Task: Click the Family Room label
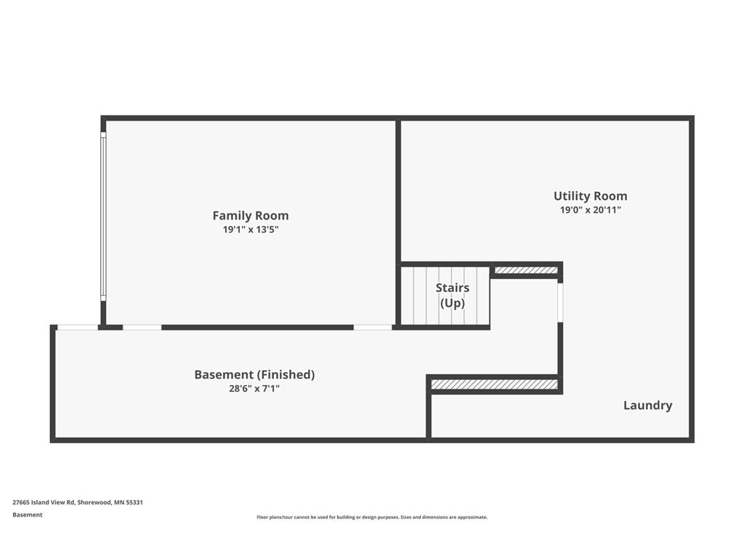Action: [x=251, y=216]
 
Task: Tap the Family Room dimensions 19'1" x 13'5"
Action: [x=251, y=230]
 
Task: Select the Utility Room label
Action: [x=590, y=196]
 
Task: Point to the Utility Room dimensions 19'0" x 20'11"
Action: [x=590, y=210]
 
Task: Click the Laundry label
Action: [x=647, y=405]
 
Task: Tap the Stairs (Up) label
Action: [x=453, y=295]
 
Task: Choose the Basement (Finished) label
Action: [x=254, y=375]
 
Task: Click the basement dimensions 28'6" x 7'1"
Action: [x=254, y=389]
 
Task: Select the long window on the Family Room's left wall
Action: [x=103, y=217]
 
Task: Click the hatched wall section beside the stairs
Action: [x=526, y=270]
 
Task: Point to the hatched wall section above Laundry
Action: [x=494, y=384]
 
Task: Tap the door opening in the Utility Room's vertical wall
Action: [x=560, y=303]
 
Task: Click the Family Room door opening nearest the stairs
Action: [x=373, y=328]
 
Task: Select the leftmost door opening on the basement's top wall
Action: [x=78, y=328]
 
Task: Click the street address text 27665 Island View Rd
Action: [x=44, y=503]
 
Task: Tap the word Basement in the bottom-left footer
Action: [x=28, y=515]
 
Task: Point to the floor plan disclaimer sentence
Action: [x=372, y=517]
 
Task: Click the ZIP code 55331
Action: [x=134, y=503]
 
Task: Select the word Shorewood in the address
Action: [x=94, y=503]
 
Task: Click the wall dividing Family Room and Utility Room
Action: [x=398, y=222]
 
